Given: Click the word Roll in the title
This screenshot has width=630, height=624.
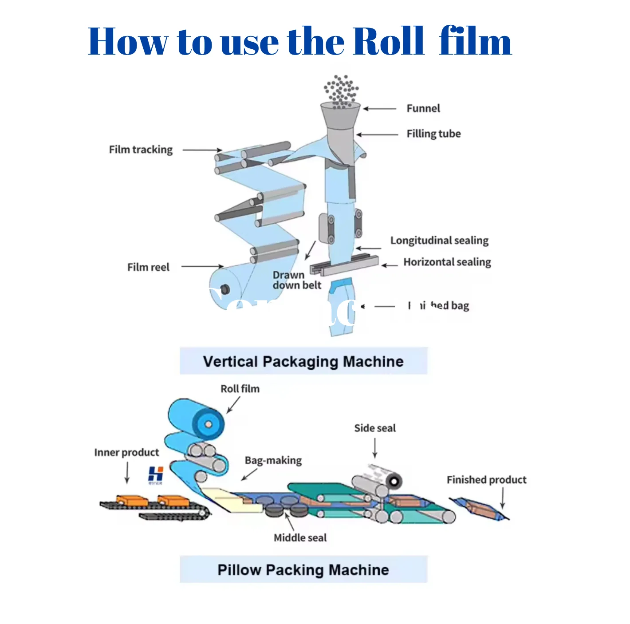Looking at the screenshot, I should (x=388, y=41).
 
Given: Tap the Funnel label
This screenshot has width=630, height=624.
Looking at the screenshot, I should (x=423, y=108).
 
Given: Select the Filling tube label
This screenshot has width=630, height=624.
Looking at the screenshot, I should (x=433, y=134).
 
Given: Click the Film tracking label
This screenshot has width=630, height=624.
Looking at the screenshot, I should (x=141, y=150).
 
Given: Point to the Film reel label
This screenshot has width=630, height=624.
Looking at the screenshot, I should (x=148, y=267).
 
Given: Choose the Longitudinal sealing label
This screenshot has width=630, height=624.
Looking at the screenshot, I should (x=439, y=241).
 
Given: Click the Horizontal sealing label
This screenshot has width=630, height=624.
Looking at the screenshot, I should (x=447, y=262).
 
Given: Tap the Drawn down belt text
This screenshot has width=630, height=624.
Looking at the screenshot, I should (x=296, y=280).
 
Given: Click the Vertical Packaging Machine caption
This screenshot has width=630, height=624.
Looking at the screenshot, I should (x=303, y=361).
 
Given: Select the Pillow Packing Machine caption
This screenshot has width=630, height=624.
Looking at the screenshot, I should (x=303, y=569).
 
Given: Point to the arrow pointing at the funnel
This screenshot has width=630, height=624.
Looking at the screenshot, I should (x=380, y=108).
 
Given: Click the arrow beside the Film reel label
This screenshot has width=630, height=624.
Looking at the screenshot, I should (x=202, y=267).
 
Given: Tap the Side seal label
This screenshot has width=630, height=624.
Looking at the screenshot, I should (x=375, y=428).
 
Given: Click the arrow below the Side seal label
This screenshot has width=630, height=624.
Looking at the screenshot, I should (x=375, y=448).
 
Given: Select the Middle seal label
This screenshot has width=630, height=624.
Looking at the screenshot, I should (x=300, y=538).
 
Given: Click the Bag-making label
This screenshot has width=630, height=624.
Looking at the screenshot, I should (x=273, y=461).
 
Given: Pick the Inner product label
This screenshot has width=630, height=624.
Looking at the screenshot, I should (x=126, y=453).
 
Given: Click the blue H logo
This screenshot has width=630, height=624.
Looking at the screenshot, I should (x=156, y=474).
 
